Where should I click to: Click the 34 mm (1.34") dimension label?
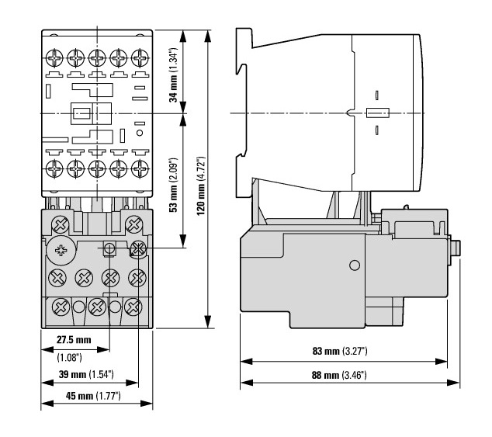point(174,75)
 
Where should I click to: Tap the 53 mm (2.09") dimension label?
point(174,185)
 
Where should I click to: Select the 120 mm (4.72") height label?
point(201,186)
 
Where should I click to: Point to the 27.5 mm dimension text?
point(74,340)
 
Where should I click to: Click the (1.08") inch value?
point(69,358)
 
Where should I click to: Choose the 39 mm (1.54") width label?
point(86,374)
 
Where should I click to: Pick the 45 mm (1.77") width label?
point(93,396)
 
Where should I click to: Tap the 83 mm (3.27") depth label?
point(340,351)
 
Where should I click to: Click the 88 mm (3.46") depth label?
point(339,375)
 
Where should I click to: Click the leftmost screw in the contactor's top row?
point(54,57)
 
